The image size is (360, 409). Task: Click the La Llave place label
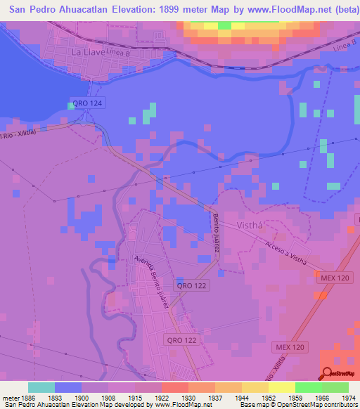[x=88, y=53]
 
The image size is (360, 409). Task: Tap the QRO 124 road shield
[x=86, y=103]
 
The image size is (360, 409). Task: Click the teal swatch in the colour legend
[x=41, y=387]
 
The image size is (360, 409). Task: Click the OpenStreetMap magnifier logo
[x=328, y=373]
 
